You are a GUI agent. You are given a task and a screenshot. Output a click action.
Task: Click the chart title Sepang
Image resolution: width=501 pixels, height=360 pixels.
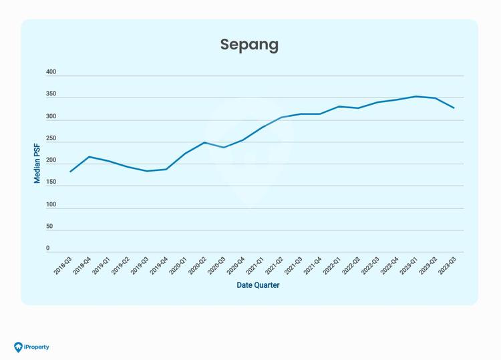pyautogui.click(x=249, y=45)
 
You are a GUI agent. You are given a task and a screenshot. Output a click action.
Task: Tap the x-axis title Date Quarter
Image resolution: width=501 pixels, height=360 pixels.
pyautogui.click(x=258, y=285)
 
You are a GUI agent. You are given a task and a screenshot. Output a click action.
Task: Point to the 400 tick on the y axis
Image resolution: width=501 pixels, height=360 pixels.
pyautogui.click(x=51, y=72)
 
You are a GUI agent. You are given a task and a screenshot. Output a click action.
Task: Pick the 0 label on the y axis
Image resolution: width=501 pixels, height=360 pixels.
pyautogui.click(x=47, y=248)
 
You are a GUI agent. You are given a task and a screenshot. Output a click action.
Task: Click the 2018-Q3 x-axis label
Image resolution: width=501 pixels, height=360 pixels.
pyautogui.click(x=64, y=266)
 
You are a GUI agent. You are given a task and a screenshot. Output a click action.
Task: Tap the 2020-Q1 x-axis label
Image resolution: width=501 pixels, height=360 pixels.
pyautogui.click(x=179, y=266)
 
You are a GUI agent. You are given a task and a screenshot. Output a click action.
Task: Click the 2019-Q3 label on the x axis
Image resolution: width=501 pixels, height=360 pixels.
pyautogui.click(x=141, y=266)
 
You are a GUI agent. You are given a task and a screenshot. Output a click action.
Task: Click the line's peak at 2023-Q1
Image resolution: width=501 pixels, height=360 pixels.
pyautogui.click(x=416, y=96)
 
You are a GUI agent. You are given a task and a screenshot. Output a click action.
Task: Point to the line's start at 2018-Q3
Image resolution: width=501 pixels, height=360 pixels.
pyautogui.click(x=70, y=172)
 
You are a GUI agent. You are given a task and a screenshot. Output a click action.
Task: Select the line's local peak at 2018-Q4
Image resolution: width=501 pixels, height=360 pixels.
pyautogui.click(x=90, y=156)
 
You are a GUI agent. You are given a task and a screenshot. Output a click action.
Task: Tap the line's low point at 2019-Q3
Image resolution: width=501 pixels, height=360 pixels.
pyautogui.click(x=147, y=171)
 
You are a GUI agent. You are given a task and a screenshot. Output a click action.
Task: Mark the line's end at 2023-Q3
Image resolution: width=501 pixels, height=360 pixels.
pyautogui.click(x=454, y=108)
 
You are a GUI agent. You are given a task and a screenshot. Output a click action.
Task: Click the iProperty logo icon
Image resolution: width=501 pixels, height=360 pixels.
pyautogui.click(x=18, y=347)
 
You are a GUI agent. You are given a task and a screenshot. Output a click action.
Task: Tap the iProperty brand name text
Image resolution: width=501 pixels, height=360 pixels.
pyautogui.click(x=37, y=347)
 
